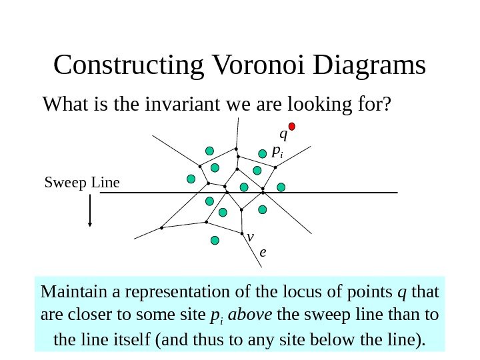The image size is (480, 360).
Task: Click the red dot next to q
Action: [291, 126]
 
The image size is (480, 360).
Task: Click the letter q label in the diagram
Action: [283, 135]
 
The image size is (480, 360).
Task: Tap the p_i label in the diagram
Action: [277, 152]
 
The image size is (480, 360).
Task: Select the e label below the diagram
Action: [263, 253]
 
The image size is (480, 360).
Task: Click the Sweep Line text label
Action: [81, 181]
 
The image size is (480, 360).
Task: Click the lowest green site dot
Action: [215, 241]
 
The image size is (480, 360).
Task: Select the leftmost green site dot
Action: [191, 179]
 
